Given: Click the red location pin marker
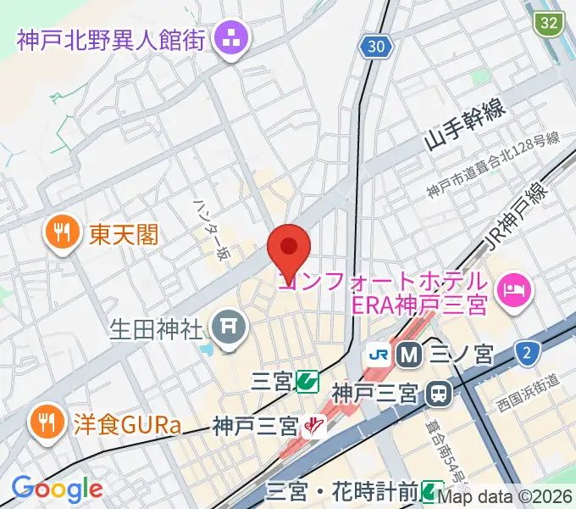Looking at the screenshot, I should [x=289, y=248].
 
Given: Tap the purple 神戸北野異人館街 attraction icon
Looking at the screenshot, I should [x=230, y=37].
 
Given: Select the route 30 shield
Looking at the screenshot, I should [x=379, y=47].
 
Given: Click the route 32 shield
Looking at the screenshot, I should [x=550, y=22].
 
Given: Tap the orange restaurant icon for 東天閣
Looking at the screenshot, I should [x=62, y=231].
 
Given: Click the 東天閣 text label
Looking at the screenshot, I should [x=123, y=231].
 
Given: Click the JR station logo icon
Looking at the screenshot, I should [x=378, y=354].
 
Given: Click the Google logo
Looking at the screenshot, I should [x=57, y=489].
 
